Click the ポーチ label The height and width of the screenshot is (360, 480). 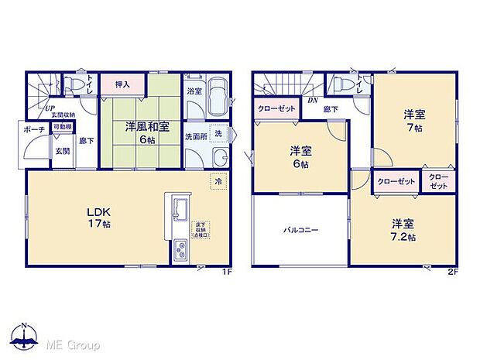point(33,129)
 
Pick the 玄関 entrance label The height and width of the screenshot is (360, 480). point(62,151)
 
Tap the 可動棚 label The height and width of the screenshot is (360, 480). point(62,127)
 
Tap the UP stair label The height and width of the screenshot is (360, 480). point(49,108)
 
